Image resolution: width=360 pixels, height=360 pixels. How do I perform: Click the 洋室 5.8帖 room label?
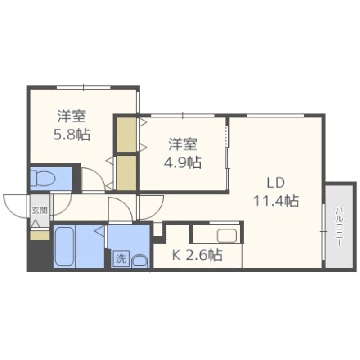[72, 126]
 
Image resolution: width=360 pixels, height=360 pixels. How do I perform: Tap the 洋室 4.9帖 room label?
[183, 153]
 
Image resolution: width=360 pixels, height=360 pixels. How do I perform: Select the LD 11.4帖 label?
[276, 192]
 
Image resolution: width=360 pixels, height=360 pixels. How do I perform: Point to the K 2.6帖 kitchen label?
[197, 255]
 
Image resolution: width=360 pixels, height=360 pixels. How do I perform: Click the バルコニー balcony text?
[340, 227]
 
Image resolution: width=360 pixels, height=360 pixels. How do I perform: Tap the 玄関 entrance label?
[40, 210]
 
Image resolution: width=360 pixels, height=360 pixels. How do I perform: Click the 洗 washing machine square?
[121, 259]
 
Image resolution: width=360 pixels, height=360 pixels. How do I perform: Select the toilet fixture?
[43, 179]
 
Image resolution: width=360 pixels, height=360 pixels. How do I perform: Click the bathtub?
[64, 246]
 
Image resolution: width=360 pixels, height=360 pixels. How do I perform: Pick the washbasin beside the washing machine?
[140, 261]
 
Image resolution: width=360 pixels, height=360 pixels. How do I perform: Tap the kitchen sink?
[227, 235]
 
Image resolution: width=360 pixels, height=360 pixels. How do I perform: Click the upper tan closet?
[126, 135]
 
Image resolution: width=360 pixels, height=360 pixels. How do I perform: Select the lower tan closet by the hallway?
[126, 173]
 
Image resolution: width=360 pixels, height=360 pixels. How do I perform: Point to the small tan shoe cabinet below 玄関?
[40, 235]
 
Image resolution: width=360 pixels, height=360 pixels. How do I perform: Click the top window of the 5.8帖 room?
[84, 87]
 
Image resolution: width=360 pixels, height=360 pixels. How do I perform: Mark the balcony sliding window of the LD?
[323, 232]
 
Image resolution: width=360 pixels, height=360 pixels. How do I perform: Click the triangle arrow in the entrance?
[36, 223]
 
